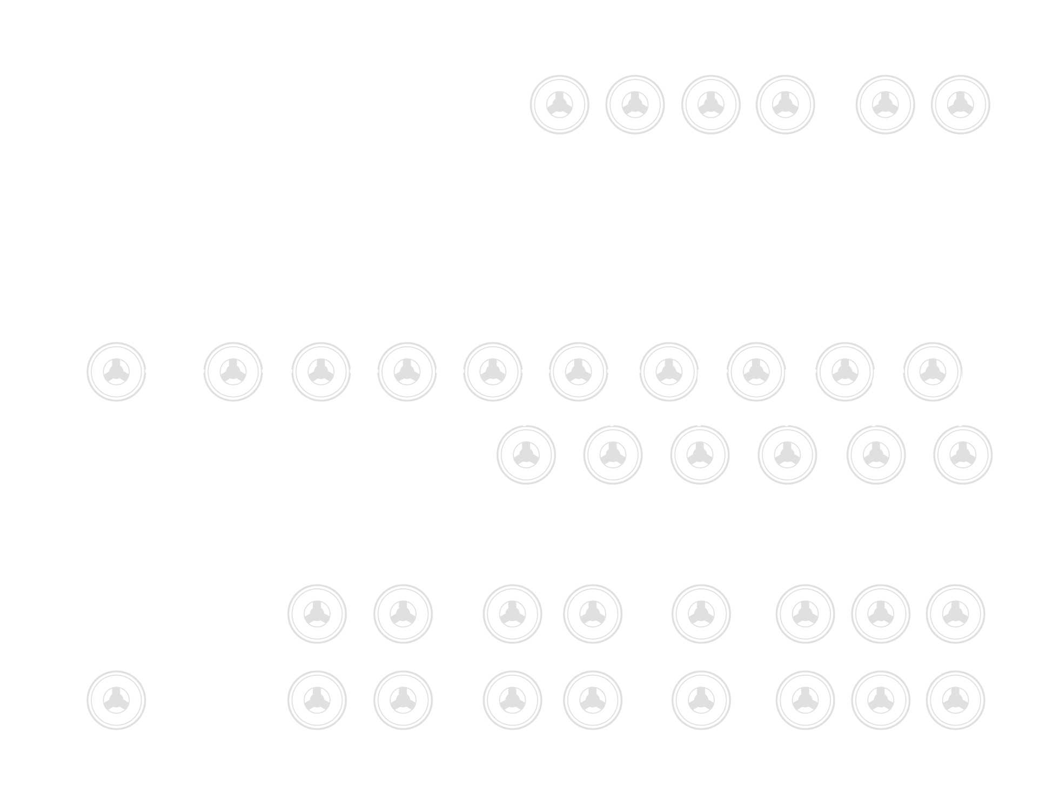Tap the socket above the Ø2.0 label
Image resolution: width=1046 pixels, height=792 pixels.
pyautogui.click(x=233, y=371)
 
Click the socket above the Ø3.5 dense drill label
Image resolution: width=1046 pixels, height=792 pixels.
pyautogui.click(x=526, y=454)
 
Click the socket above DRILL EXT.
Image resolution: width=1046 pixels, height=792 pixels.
pyautogui.click(x=116, y=700)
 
